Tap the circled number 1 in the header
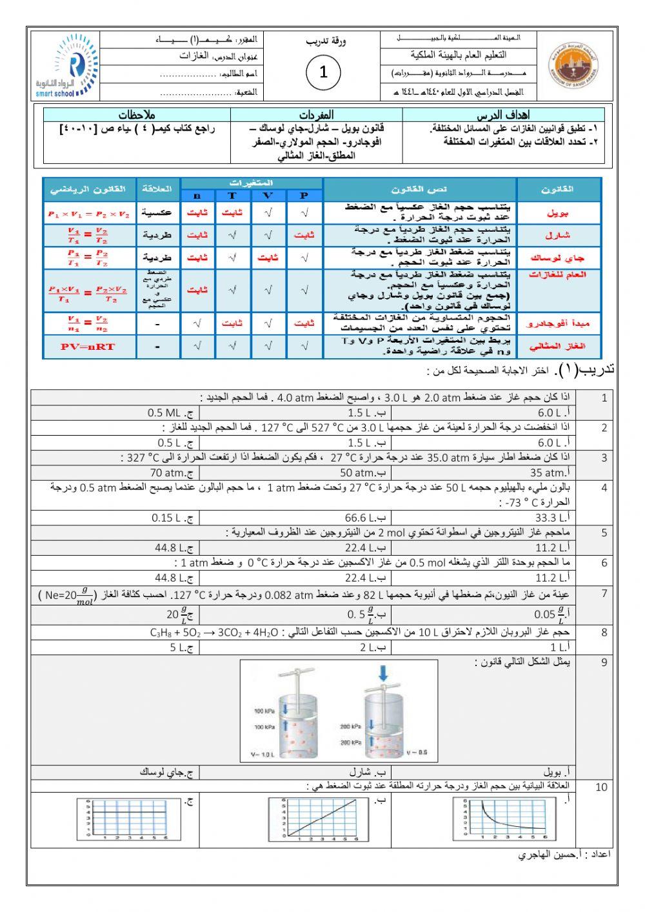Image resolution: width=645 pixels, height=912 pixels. pyautogui.click(x=323, y=72)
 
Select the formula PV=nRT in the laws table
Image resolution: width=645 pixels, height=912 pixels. pyautogui.click(x=88, y=347)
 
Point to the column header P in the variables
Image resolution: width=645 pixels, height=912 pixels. pyautogui.click(x=304, y=196)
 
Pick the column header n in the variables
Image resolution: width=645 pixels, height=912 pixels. pyautogui.click(x=197, y=196)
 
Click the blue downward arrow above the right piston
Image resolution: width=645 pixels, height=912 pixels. pyautogui.click(x=383, y=674)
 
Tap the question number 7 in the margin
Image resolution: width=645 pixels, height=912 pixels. pyautogui.click(x=604, y=594)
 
